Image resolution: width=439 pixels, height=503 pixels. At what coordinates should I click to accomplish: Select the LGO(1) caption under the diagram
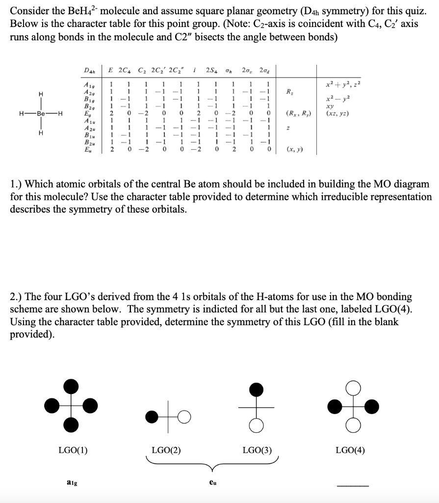(x=72, y=450)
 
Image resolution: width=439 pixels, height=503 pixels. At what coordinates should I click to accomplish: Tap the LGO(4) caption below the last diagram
(x=350, y=450)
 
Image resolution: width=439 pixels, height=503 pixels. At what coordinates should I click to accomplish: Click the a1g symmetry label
(x=72, y=483)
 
